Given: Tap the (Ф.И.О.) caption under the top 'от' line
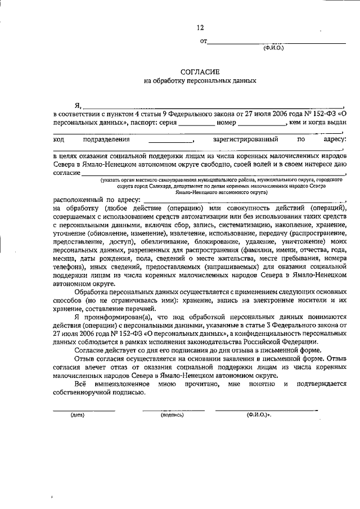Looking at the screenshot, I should pos(273,48).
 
